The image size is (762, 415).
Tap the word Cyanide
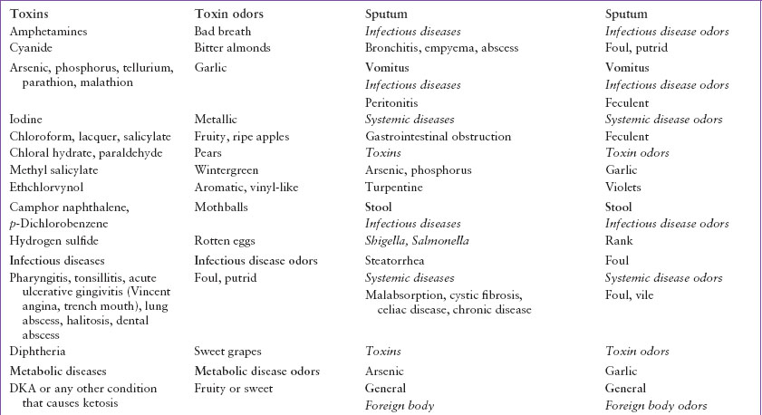32,48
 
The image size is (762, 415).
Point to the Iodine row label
26,120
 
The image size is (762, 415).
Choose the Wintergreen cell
227,170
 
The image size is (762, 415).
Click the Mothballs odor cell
221,207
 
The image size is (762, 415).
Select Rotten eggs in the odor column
225,241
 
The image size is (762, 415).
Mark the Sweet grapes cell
227,352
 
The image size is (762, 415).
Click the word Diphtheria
38,352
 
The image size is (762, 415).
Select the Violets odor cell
623,188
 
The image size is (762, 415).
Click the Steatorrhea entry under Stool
396,261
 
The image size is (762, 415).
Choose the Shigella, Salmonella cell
418,241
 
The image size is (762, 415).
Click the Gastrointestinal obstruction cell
438,137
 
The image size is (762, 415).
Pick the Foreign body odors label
656,406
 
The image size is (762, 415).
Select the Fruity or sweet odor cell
234,389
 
